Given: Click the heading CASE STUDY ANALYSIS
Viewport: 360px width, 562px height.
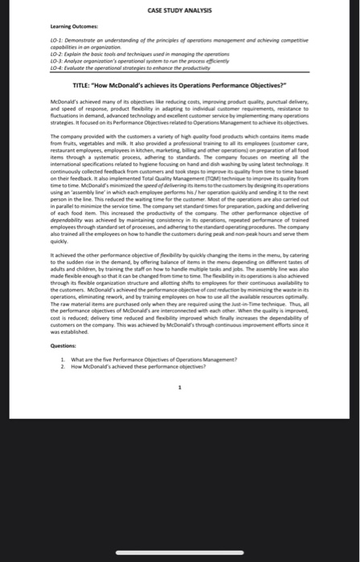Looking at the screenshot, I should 180,10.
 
